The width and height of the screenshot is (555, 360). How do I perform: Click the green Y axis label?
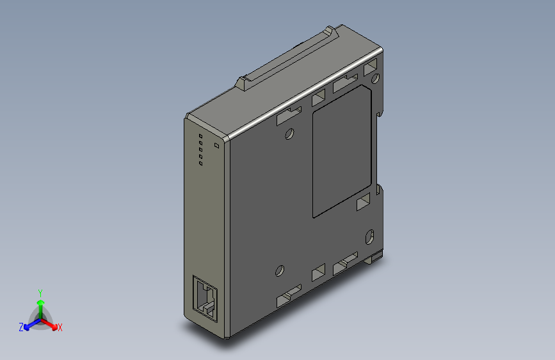(x=40, y=291)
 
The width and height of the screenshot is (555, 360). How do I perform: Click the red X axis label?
(x=60, y=328)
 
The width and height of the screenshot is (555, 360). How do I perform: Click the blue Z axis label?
(x=21, y=327)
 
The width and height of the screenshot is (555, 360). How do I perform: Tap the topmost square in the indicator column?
(x=200, y=136)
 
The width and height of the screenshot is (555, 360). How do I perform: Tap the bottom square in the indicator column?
(x=200, y=163)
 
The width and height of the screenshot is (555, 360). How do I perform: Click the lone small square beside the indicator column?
(x=216, y=146)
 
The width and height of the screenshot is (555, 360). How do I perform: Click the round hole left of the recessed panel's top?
(x=289, y=134)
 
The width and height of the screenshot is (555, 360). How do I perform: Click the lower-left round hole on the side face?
(x=279, y=270)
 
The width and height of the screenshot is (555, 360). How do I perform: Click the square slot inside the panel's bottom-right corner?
(x=363, y=203)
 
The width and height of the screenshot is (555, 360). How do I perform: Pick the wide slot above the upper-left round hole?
(x=288, y=115)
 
